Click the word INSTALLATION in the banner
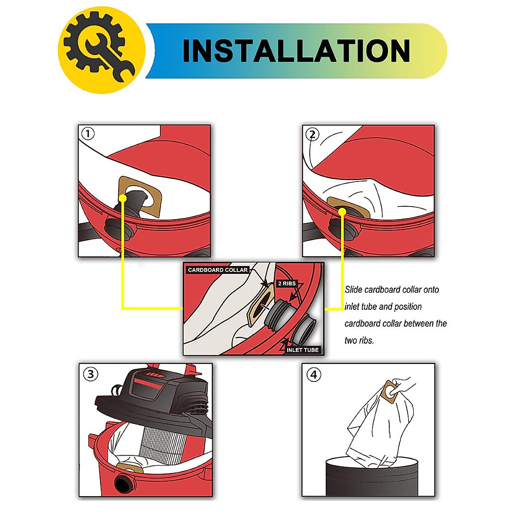(x=296, y=51)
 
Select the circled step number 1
(x=88, y=134)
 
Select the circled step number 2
(x=312, y=135)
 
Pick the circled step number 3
(x=90, y=374)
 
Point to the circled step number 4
(x=314, y=375)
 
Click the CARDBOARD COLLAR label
(x=218, y=270)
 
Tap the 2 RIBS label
(x=287, y=284)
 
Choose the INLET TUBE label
(x=303, y=350)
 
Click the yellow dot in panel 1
(x=123, y=198)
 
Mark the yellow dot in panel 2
(x=342, y=212)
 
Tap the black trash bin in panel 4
(x=372, y=476)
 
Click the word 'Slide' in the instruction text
(x=354, y=290)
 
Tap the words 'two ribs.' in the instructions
(x=359, y=340)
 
